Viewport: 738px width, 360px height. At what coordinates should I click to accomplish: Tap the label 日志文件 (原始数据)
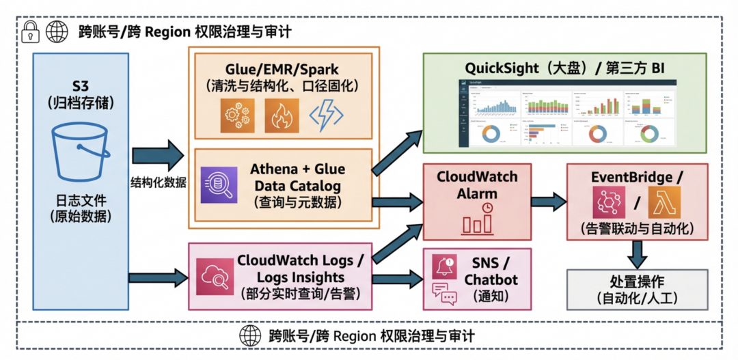click(x=81, y=208)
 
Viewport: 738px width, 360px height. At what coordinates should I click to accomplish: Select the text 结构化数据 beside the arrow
click(x=159, y=182)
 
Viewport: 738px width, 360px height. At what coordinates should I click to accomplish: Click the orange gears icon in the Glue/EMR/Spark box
click(x=236, y=115)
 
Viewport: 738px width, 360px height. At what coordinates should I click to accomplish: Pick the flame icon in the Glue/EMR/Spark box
click(x=282, y=115)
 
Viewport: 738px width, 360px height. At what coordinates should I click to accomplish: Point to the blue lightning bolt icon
click(x=326, y=115)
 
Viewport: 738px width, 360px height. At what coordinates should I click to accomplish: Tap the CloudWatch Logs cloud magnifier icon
click(x=213, y=277)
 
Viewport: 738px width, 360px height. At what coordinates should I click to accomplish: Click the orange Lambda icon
click(x=664, y=202)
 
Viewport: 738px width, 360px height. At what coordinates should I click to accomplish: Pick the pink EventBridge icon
click(x=610, y=202)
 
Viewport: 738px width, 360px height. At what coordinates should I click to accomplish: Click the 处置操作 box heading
click(x=637, y=281)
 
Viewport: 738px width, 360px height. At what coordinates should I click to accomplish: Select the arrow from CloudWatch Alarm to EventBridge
click(x=548, y=202)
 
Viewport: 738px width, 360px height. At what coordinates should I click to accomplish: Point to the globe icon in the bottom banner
click(x=250, y=335)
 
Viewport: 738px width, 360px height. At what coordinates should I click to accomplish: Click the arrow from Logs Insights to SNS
click(x=397, y=279)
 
